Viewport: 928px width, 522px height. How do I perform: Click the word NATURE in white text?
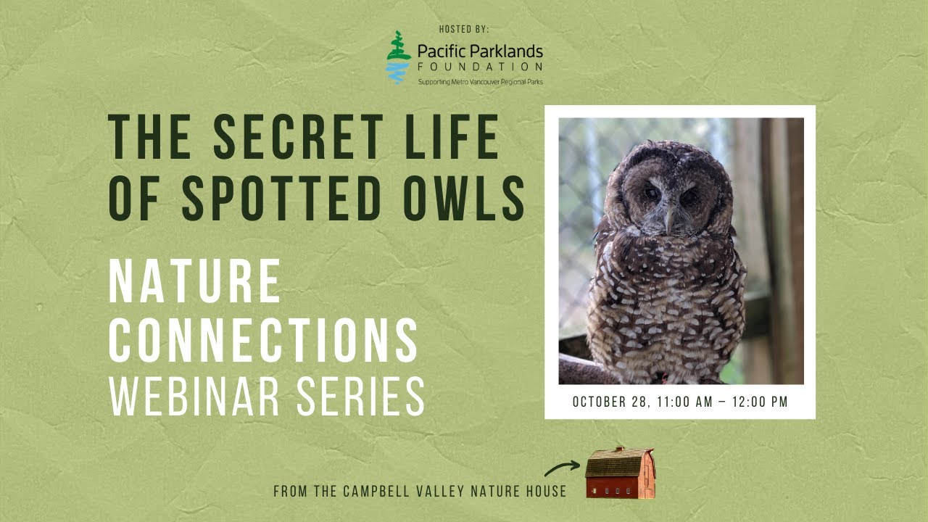point(194,282)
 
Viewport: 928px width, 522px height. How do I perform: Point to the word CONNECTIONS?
point(263,339)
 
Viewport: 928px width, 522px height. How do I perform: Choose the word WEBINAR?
point(193,396)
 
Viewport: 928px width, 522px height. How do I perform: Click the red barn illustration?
point(620,473)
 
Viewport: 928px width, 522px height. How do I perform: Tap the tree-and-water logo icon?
point(397,57)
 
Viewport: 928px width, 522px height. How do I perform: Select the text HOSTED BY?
point(464,29)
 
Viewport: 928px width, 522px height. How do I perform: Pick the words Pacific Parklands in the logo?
point(479,51)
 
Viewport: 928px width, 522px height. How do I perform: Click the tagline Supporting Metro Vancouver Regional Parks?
point(479,82)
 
